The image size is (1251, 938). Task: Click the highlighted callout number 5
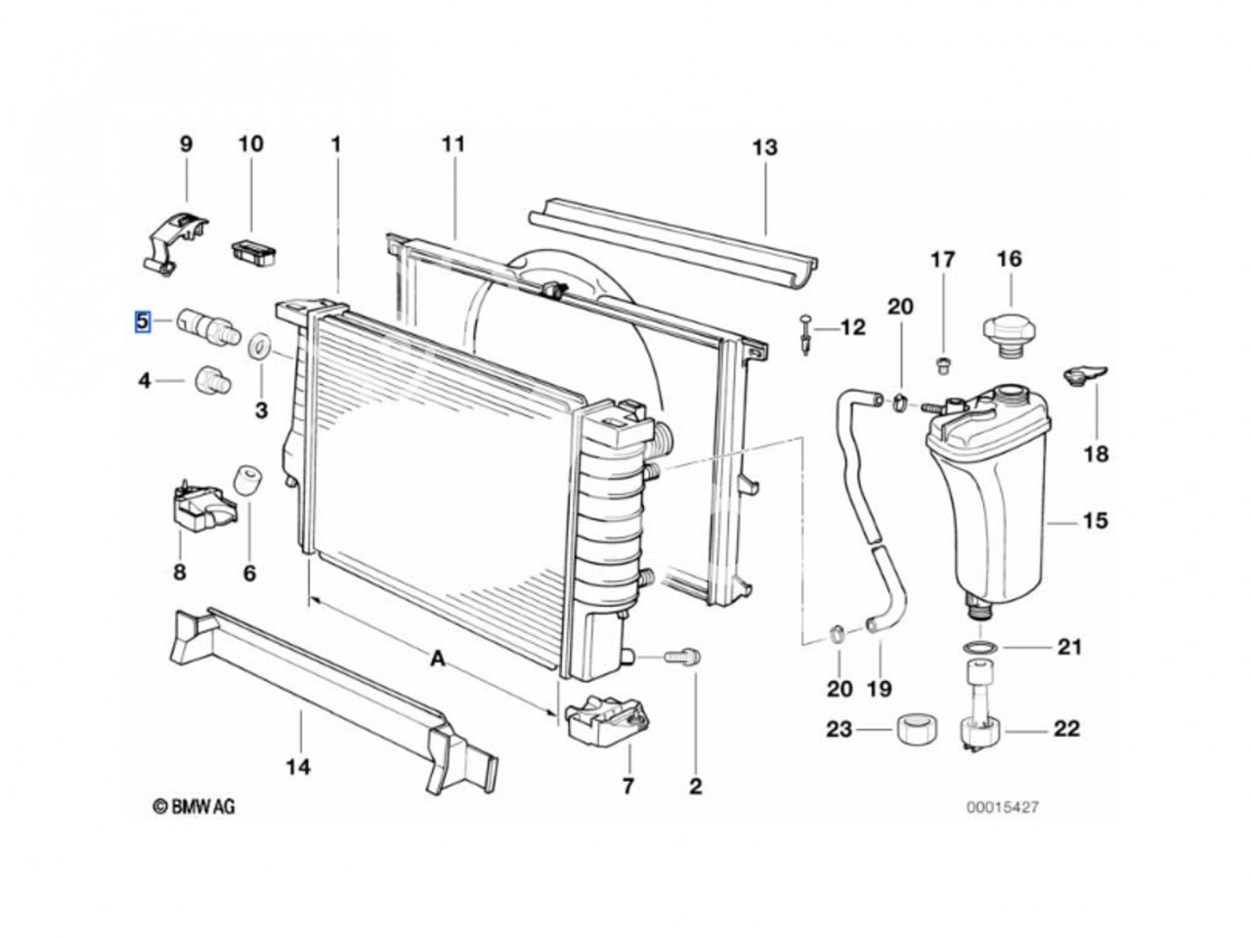pyautogui.click(x=142, y=321)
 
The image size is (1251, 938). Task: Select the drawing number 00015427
pyautogui.click(x=1002, y=807)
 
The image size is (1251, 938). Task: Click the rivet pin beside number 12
pyautogui.click(x=805, y=336)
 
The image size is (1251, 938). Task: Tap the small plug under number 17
pyautogui.click(x=943, y=365)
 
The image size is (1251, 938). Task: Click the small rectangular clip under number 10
pyautogui.click(x=253, y=253)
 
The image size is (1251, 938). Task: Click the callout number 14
pyautogui.click(x=299, y=767)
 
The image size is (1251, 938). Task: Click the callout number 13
pyautogui.click(x=765, y=148)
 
